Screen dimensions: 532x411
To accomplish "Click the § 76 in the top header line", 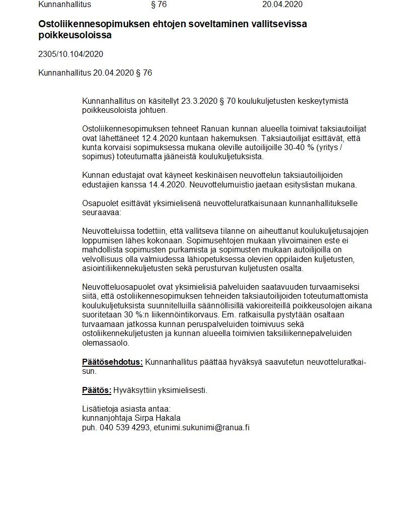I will point(159,5).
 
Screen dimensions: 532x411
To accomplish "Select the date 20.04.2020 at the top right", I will point(282,5).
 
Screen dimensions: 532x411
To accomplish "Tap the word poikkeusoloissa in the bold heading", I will point(75,35).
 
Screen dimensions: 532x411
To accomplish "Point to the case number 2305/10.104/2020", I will point(71,54).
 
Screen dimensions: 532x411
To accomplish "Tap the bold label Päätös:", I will point(96,390).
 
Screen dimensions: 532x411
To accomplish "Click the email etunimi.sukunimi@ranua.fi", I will point(201,428).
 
